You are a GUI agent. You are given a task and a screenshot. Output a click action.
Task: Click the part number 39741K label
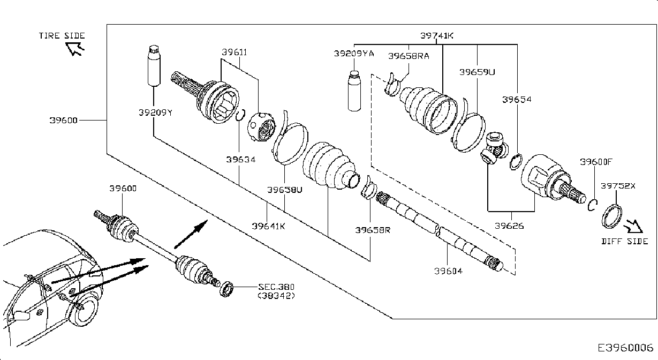click(x=437, y=35)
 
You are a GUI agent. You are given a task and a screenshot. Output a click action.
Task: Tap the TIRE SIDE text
click(x=62, y=35)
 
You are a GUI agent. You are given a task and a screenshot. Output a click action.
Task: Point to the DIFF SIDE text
click(x=624, y=241)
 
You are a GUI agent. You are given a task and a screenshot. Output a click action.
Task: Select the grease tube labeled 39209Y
click(x=154, y=65)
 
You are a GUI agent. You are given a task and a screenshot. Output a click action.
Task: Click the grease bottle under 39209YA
click(x=354, y=91)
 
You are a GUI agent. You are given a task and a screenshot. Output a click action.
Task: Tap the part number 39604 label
click(x=448, y=271)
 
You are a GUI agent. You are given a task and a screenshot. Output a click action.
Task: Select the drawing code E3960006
click(x=625, y=348)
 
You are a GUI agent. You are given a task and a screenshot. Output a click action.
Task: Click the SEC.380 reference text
click(x=276, y=287)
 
